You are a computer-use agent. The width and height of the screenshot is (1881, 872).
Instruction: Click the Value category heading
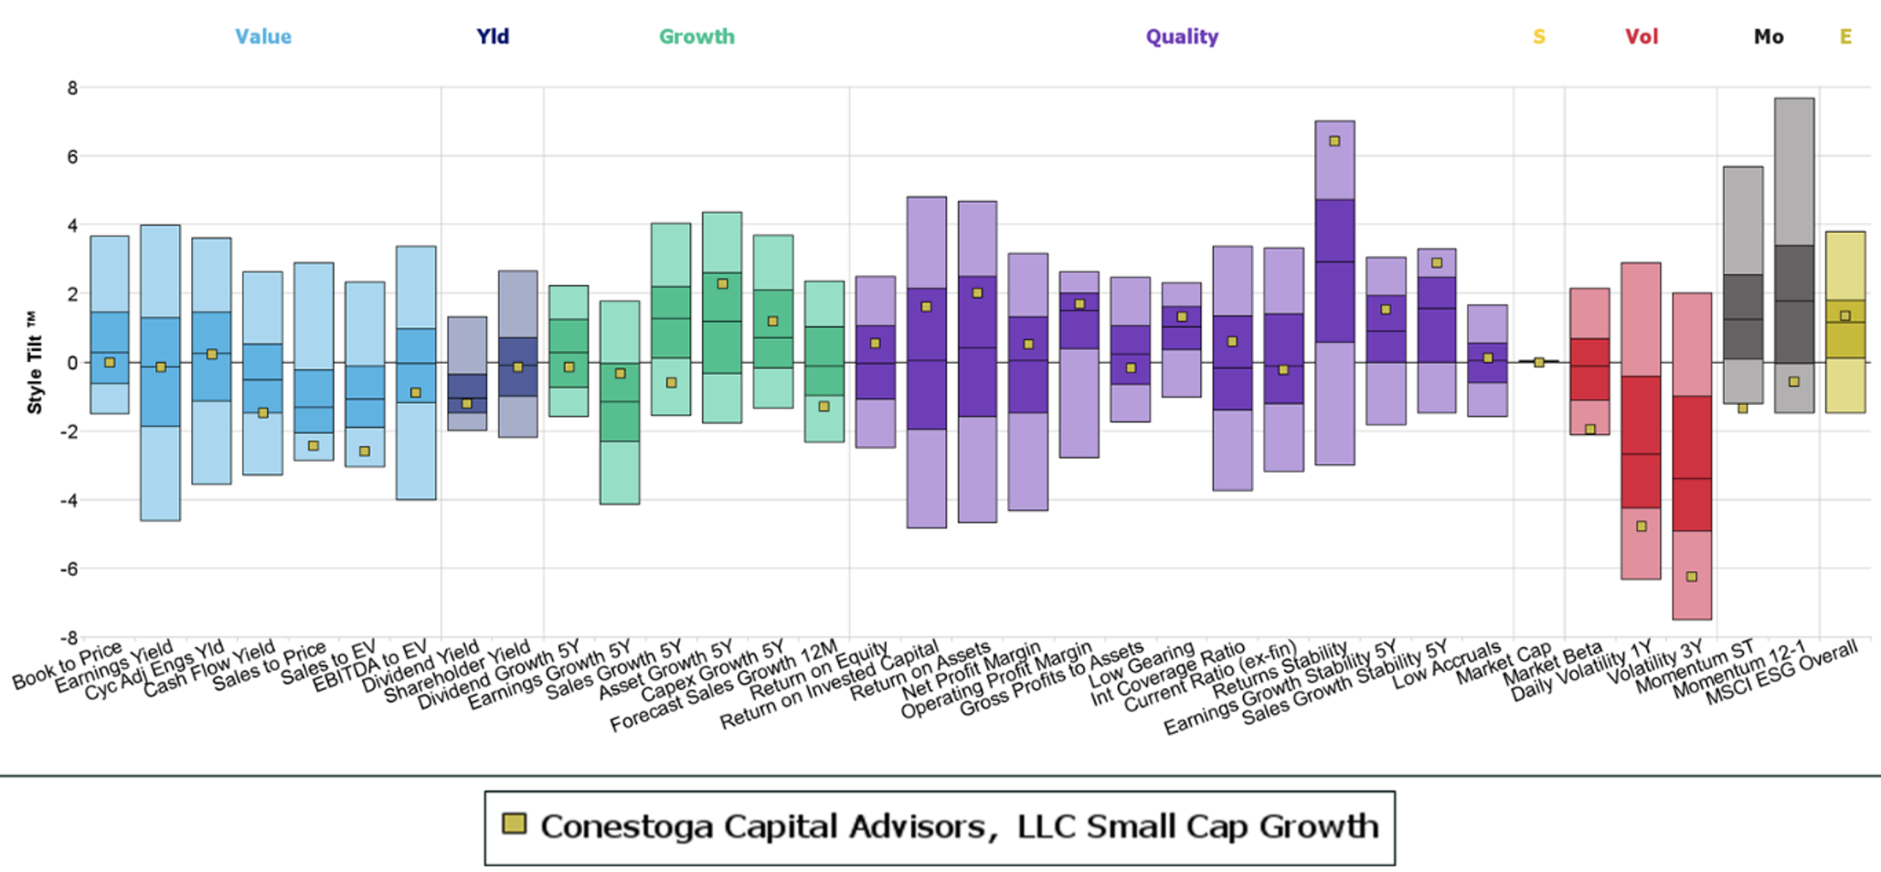click(263, 37)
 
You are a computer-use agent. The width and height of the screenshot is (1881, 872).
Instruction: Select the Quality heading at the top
click(1182, 37)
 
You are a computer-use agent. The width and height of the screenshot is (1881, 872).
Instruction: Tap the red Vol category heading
click(1642, 37)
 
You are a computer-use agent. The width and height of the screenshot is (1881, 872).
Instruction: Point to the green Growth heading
click(696, 37)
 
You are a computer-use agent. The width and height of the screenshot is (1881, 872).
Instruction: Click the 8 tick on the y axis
click(72, 89)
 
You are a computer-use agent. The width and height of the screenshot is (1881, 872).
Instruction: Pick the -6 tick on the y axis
click(69, 569)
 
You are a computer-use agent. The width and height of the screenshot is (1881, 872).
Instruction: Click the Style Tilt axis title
click(35, 363)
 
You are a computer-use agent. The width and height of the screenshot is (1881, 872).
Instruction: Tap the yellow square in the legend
click(515, 824)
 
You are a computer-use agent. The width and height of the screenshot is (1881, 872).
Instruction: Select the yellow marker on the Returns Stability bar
click(1334, 142)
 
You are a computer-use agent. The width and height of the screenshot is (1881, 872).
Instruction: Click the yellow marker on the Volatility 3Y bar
click(1692, 577)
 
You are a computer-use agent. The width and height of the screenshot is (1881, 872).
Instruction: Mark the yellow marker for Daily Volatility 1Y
click(1642, 526)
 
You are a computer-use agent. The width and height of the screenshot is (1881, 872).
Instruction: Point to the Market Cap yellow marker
click(1539, 363)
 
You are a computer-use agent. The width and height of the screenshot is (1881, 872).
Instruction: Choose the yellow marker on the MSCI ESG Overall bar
click(1845, 316)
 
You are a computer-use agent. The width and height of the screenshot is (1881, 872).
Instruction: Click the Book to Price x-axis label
click(68, 666)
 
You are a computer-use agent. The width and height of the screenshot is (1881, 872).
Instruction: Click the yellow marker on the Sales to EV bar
click(365, 452)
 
